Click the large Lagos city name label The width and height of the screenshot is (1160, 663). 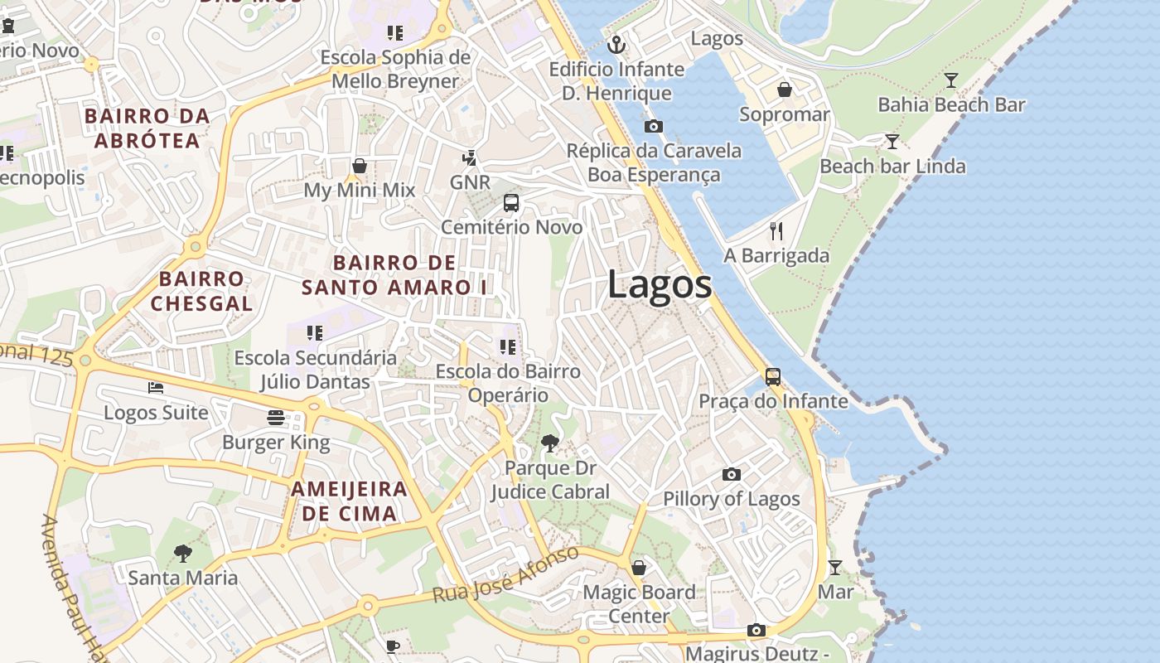point(660,285)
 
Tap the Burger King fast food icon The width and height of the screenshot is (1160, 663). point(276,417)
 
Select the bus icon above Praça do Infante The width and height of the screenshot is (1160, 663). point(772,377)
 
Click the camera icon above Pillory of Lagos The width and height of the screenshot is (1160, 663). point(731,474)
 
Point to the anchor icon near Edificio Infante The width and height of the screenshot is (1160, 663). point(616,44)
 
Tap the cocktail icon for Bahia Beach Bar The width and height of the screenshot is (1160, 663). point(951,80)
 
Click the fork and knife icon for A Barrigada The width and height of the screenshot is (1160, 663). point(776,230)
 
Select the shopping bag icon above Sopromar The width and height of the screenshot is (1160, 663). point(784,90)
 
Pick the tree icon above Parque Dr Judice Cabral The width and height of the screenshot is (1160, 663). point(549,443)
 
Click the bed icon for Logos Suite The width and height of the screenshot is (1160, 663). point(156,387)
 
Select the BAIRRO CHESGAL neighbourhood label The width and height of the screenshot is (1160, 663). point(201,291)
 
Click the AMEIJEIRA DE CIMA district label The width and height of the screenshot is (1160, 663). point(349,501)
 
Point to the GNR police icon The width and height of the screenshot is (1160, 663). point(470,157)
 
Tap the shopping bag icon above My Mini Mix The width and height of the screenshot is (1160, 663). point(360,166)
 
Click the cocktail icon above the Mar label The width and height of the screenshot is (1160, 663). point(835,568)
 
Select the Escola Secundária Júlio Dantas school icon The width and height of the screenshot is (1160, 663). point(314,333)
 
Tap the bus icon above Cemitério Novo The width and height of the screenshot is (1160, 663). point(511,203)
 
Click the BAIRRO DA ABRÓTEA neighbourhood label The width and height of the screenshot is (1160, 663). point(147,128)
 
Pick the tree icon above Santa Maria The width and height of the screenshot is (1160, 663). point(183,553)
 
